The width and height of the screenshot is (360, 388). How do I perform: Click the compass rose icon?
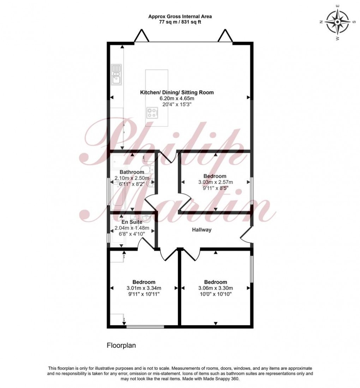pyautogui.click(x=337, y=22)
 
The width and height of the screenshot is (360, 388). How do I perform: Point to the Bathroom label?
pyautogui.click(x=132, y=172)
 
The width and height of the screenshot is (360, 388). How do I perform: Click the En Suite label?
pyautogui.click(x=132, y=222)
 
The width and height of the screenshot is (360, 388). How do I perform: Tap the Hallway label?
pyautogui.click(x=202, y=230)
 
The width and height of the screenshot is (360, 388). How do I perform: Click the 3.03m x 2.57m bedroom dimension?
pyautogui.click(x=215, y=182)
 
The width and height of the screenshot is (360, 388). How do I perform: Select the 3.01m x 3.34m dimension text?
pyautogui.click(x=144, y=288)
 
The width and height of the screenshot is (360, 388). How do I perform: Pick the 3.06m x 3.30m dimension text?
pyautogui.click(x=215, y=288)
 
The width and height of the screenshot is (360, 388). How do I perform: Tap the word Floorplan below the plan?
pyautogui.click(x=121, y=346)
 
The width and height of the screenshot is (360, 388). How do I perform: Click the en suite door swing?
pyautogui.click(x=144, y=244)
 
